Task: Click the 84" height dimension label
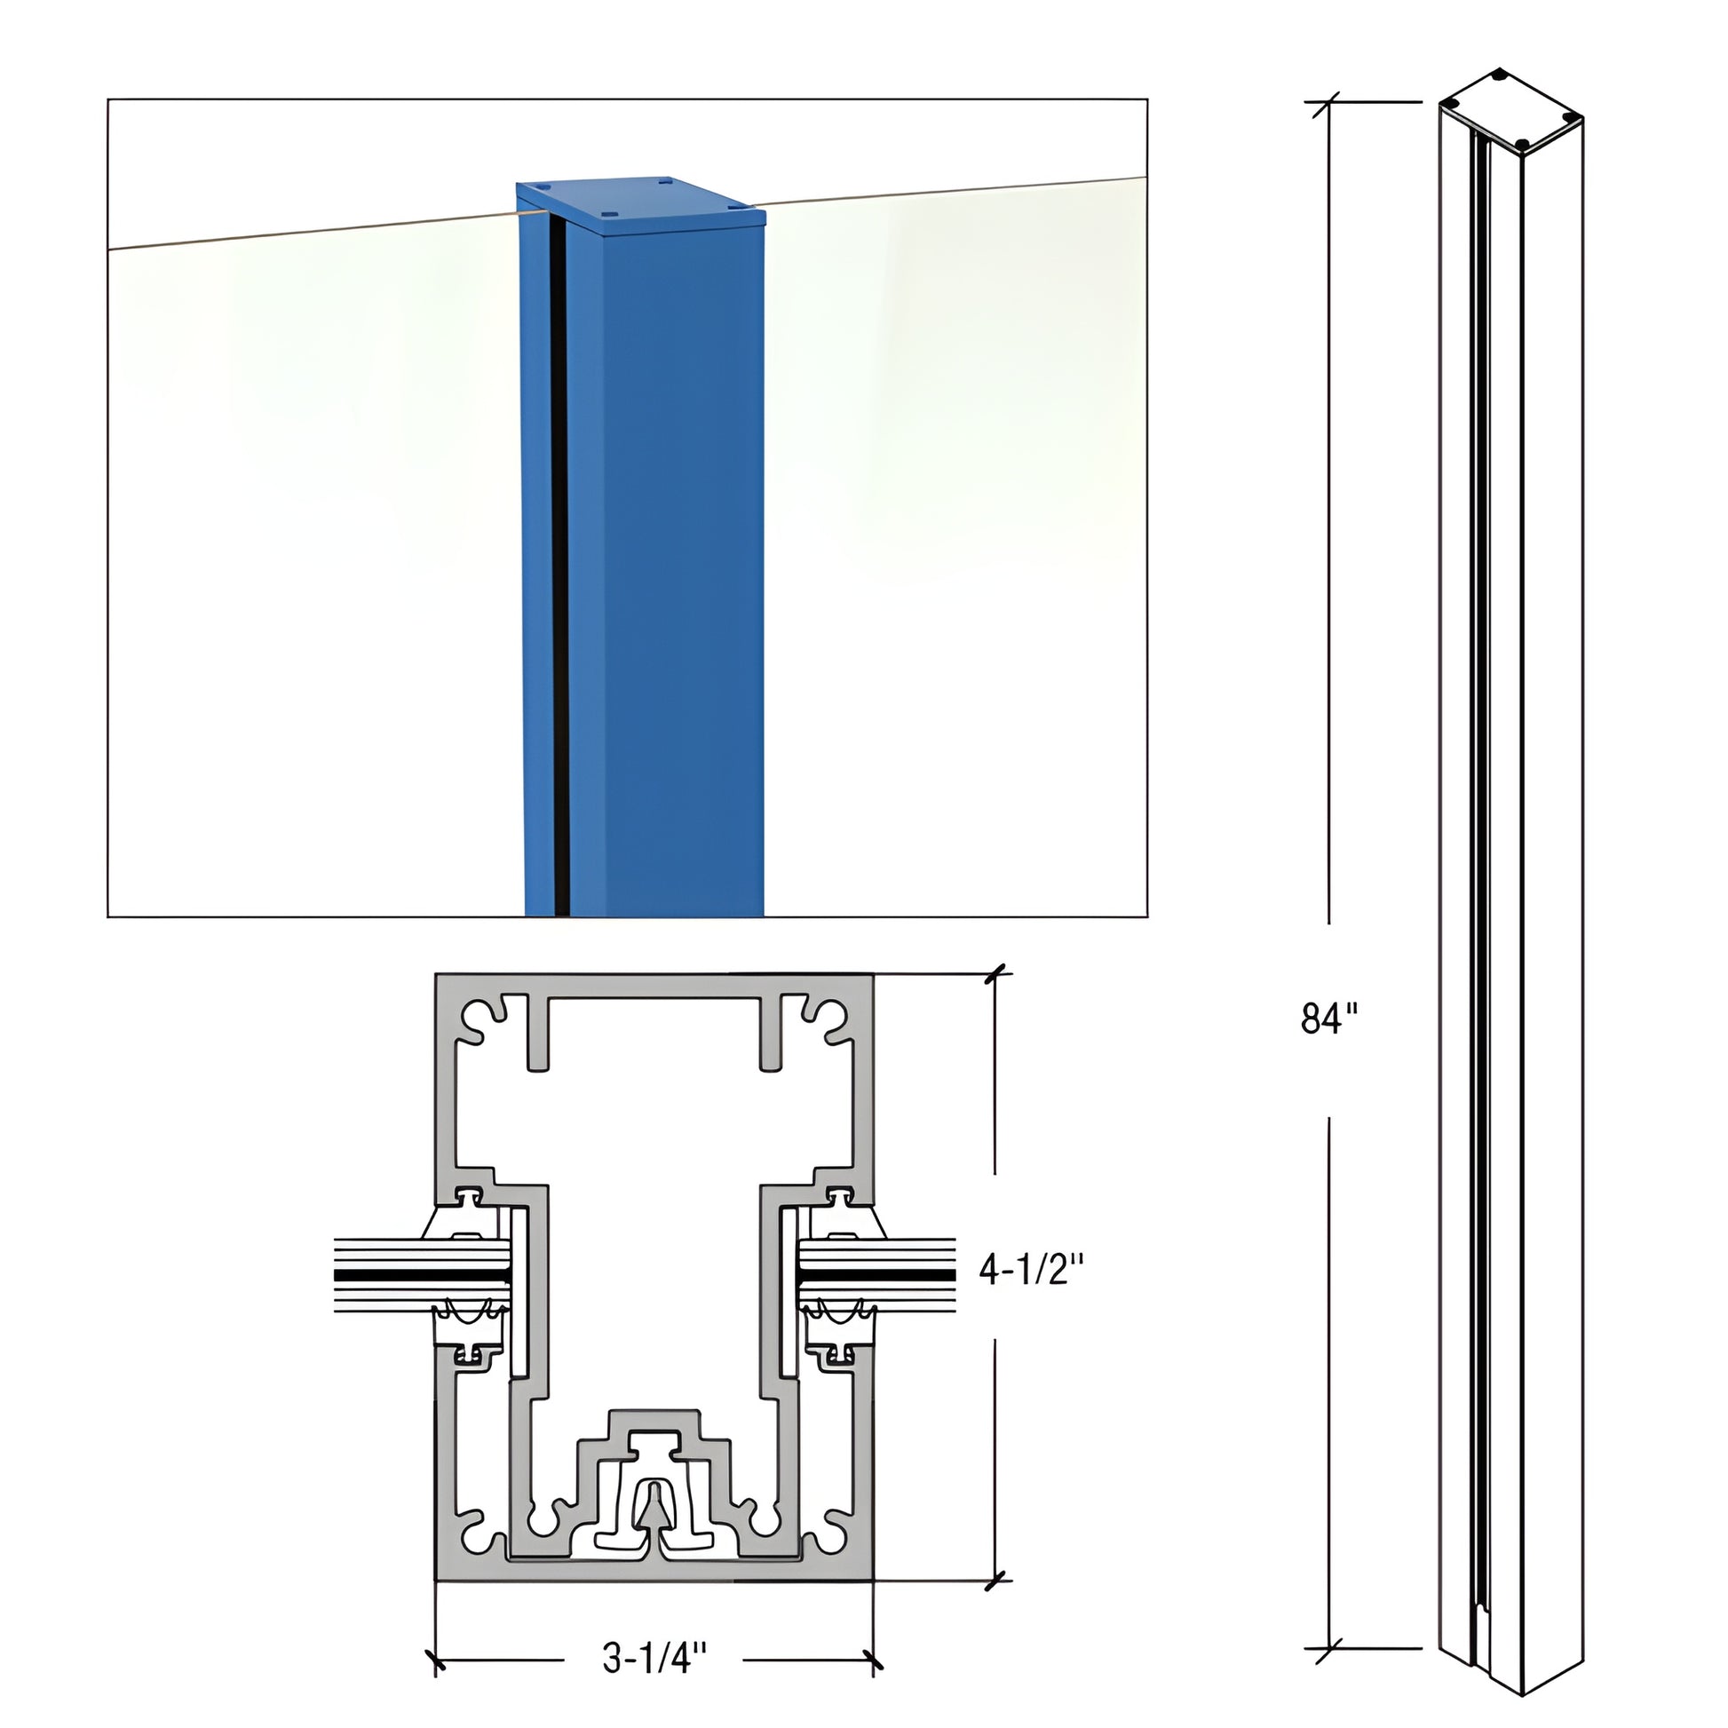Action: click(x=1329, y=1019)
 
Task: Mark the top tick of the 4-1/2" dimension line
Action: click(x=996, y=974)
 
